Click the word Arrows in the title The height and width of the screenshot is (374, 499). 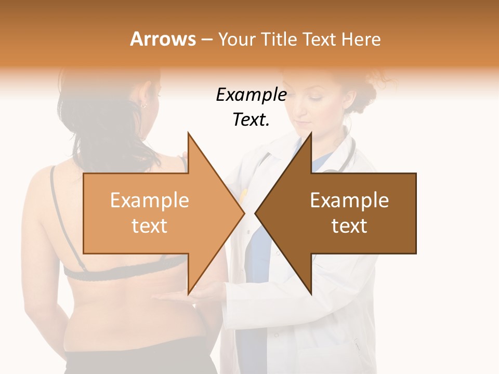[163, 39]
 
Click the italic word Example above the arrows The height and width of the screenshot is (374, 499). [251, 95]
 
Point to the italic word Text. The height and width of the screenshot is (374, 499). [251, 120]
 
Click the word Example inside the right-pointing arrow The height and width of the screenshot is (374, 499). [150, 201]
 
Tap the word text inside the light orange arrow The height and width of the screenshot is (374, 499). [150, 226]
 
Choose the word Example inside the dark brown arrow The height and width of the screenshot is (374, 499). [349, 201]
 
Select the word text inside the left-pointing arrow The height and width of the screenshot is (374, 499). [349, 226]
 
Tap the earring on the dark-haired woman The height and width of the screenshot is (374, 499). [142, 105]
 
